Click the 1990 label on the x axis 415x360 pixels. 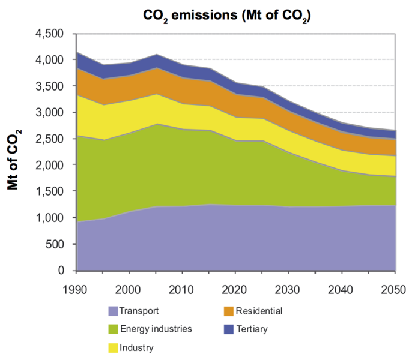click(x=77, y=289)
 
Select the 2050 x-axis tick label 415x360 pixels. click(x=395, y=289)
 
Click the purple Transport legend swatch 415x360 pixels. click(x=113, y=311)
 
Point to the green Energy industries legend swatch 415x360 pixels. click(x=113, y=329)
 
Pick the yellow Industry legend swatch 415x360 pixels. click(x=113, y=347)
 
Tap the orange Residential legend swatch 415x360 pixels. click(x=229, y=311)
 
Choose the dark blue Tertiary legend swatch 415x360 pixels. click(x=229, y=329)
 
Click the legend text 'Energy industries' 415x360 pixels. click(x=156, y=329)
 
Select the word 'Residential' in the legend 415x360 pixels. click(x=259, y=311)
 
